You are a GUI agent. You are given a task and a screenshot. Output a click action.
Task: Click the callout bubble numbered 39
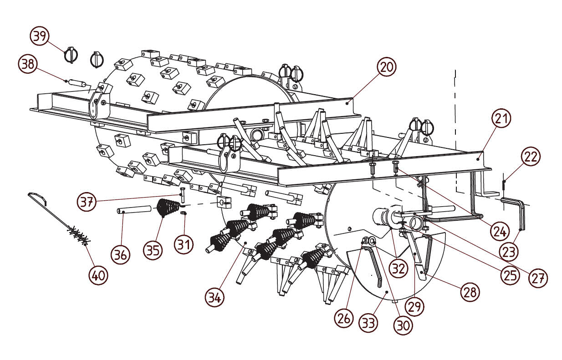(39, 36)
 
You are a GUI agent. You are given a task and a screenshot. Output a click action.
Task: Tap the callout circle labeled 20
(387, 67)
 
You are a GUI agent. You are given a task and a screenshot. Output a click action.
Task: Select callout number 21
(501, 118)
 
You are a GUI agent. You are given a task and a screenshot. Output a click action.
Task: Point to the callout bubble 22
(531, 157)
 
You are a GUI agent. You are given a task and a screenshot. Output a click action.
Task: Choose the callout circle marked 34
(215, 298)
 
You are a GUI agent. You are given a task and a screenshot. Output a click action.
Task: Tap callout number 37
(87, 201)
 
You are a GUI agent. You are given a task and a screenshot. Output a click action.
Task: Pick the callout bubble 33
(368, 323)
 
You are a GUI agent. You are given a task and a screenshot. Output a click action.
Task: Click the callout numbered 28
(470, 292)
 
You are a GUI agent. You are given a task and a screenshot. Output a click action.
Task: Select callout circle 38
(28, 64)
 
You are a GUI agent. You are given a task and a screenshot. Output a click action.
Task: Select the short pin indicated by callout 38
(77, 82)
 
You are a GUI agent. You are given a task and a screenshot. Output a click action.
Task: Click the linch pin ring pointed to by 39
(71, 55)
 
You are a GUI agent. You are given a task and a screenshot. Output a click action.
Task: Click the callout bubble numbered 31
(184, 245)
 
